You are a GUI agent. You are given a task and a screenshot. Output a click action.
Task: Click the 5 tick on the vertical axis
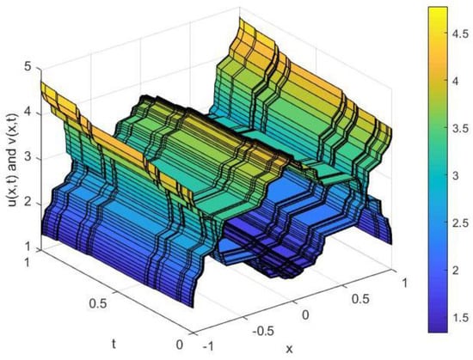point(28,68)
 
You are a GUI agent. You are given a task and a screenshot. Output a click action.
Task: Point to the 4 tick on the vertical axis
point(28,113)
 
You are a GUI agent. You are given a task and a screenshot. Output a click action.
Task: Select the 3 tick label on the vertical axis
point(28,159)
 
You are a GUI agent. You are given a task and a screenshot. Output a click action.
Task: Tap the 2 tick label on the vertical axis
point(28,204)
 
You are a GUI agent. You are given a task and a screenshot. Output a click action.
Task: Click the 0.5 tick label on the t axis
point(98,303)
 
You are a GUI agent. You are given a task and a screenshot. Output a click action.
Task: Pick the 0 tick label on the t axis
point(180,345)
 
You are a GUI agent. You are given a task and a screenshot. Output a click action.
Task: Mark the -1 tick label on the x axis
point(208,347)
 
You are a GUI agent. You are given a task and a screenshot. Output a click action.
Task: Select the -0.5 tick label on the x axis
point(263,332)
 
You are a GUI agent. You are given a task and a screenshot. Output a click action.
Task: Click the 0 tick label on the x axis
point(305,315)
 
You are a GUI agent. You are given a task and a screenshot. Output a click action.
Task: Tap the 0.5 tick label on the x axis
point(360,299)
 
